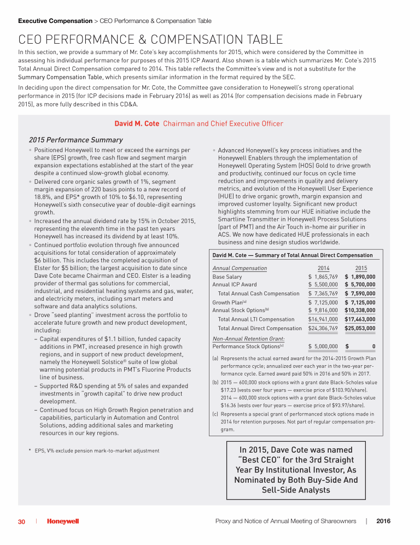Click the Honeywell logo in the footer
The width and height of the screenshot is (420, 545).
click(63, 521)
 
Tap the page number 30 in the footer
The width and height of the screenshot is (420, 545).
click(21, 521)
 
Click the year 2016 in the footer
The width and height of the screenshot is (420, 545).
click(384, 521)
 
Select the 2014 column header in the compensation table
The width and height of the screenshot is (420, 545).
click(323, 268)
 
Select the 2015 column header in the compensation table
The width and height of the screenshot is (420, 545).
click(361, 268)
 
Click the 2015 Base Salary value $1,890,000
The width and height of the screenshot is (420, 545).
click(360, 277)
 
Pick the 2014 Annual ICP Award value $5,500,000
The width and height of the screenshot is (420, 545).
click(323, 285)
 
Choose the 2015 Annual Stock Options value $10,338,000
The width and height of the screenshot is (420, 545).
click(360, 310)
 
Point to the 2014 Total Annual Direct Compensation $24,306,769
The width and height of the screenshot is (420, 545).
click(323, 328)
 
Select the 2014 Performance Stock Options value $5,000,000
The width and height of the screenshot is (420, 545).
click(323, 346)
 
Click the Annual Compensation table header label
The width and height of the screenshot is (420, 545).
click(240, 268)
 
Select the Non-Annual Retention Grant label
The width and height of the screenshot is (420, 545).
click(245, 339)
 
